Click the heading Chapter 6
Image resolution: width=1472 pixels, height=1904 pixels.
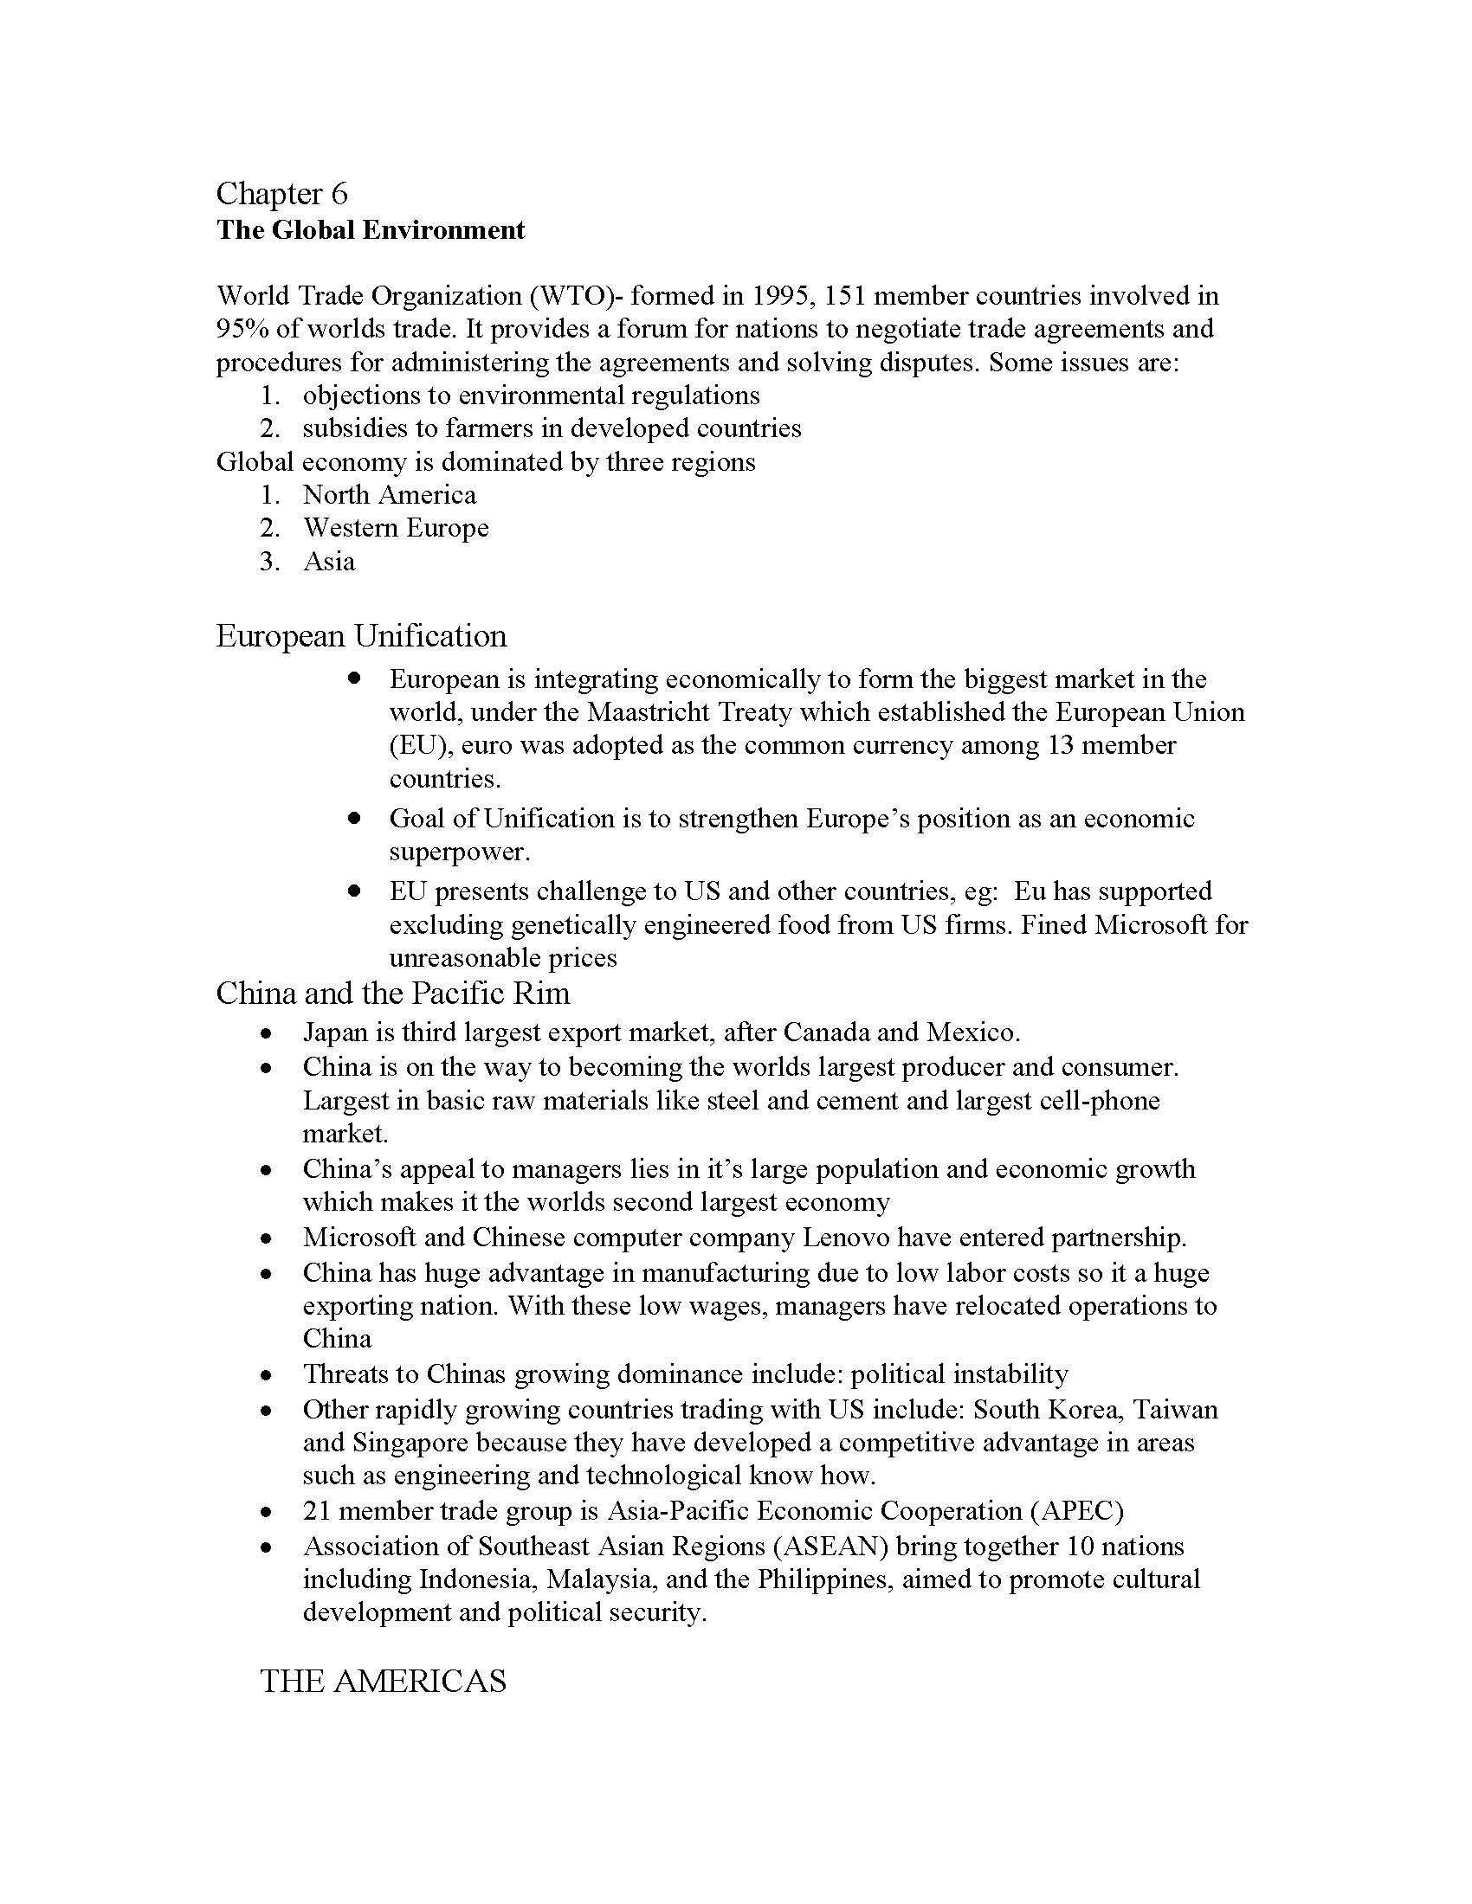[x=281, y=193]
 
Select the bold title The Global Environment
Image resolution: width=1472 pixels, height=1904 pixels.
[x=371, y=230]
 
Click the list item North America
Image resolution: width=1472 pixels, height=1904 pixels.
[x=389, y=495]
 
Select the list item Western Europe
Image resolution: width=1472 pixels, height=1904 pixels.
[x=395, y=528]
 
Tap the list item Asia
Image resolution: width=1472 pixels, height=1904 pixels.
[x=329, y=562]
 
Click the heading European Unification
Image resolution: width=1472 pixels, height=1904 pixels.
[x=361, y=635]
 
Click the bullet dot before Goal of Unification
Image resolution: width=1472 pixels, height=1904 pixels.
[x=353, y=819]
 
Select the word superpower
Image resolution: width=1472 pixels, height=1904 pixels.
[x=459, y=852]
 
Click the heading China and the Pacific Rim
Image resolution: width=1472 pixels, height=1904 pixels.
[x=392, y=993]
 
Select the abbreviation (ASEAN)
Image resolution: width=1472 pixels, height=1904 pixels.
[x=830, y=1547]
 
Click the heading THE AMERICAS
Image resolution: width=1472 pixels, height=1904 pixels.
[x=383, y=1681]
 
